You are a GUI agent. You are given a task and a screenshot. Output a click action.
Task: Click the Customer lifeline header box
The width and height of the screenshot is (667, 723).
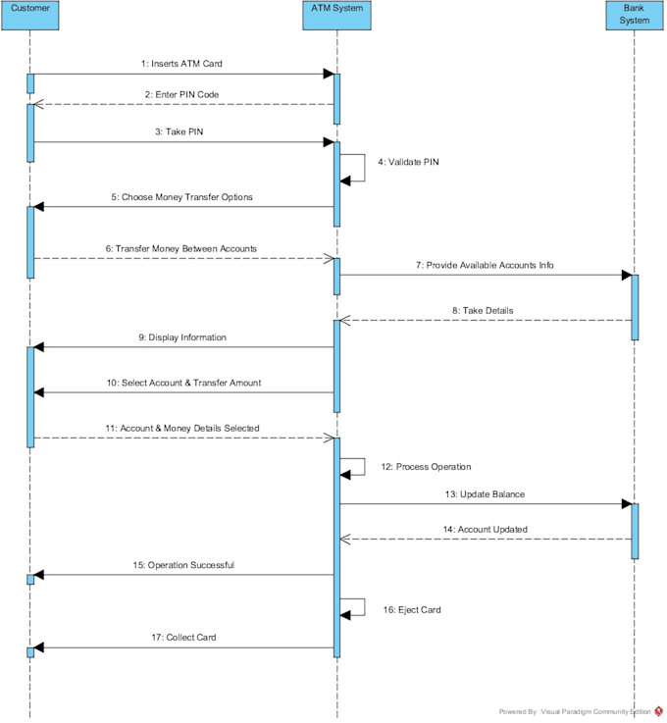30,14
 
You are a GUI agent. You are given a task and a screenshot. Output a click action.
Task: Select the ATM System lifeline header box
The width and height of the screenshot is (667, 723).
336,14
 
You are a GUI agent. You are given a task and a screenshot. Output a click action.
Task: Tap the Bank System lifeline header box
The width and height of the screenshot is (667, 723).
635,14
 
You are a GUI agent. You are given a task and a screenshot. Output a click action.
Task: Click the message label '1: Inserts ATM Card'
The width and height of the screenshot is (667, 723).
182,63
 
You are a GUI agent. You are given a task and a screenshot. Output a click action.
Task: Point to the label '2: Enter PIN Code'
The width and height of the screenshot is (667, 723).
182,94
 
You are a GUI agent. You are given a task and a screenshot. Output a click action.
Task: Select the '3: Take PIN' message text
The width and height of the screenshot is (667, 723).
182,131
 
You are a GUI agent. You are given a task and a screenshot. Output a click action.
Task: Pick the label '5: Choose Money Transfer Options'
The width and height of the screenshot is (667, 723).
181,196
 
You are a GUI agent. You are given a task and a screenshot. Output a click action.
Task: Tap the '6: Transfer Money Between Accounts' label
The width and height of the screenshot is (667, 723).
182,248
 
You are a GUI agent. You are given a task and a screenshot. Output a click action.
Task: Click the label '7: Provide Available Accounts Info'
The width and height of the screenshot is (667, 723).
484,265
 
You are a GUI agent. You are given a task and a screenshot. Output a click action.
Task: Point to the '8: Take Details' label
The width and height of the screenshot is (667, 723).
483,310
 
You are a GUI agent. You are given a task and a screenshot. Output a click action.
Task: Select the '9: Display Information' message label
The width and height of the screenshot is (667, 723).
182,336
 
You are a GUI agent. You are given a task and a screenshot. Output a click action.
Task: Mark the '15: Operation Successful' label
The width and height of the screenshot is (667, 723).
183,565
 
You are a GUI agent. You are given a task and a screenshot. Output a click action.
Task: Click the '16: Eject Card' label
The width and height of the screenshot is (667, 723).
412,609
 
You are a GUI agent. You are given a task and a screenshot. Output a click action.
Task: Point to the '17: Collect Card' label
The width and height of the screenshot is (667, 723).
182,637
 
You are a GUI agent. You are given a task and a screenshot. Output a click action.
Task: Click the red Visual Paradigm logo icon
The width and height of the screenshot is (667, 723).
659,711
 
